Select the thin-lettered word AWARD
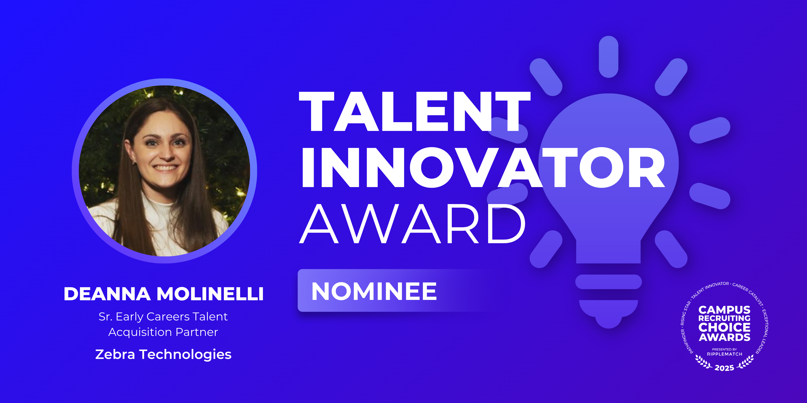click(413, 223)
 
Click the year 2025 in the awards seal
click(724, 368)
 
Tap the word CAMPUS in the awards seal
click(724, 310)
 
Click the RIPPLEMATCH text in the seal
click(724, 354)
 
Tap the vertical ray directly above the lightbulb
click(608, 57)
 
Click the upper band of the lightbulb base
click(608, 282)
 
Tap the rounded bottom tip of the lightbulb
click(608, 322)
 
